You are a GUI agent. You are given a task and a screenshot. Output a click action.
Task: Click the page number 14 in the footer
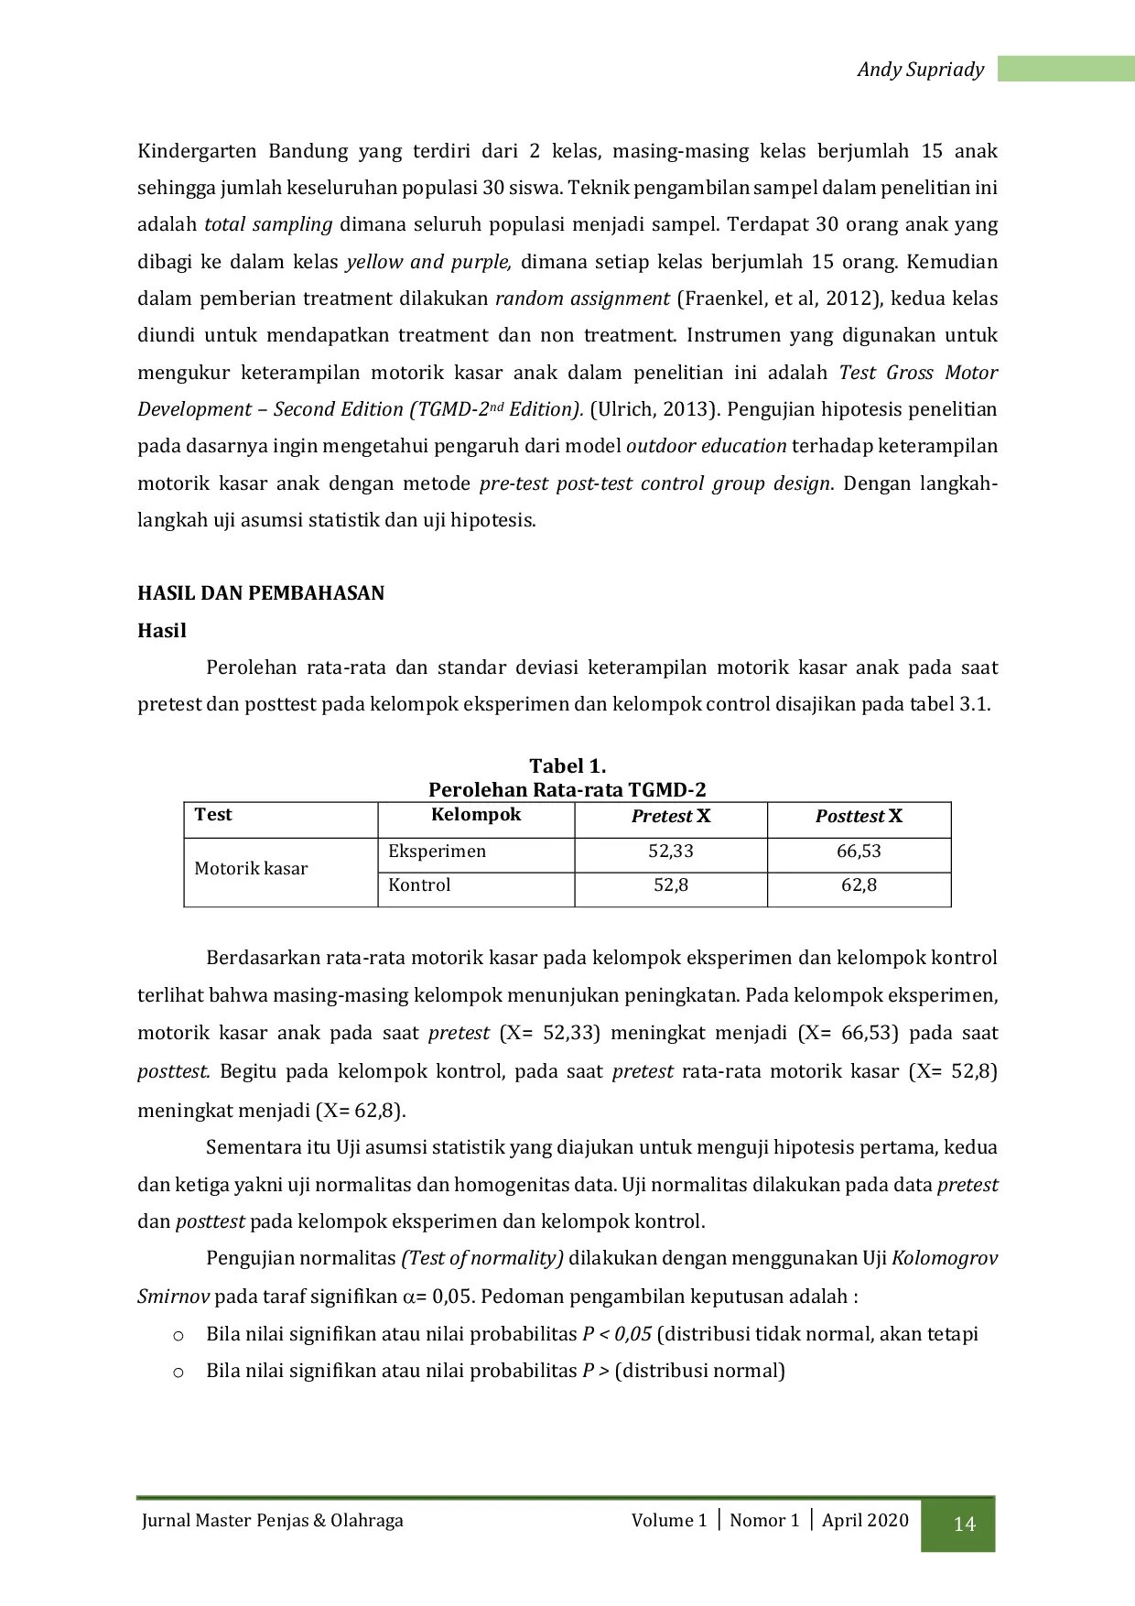964,1524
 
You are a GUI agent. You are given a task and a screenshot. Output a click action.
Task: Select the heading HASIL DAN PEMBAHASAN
261,593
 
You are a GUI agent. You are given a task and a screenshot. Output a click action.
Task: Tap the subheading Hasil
162,631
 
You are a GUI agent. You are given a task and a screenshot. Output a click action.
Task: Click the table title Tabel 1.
567,766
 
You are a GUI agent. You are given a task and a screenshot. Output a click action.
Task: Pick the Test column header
213,815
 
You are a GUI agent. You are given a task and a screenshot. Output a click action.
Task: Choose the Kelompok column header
476,815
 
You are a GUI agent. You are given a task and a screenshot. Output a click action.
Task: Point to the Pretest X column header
671,817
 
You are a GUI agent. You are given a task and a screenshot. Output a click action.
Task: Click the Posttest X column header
859,817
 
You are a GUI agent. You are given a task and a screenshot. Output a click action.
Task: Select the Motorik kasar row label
251,869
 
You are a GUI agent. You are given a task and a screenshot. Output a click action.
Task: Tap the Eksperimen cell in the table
438,852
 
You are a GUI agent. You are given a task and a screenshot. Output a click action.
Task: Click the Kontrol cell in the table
419,885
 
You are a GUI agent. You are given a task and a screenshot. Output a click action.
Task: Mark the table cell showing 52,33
671,852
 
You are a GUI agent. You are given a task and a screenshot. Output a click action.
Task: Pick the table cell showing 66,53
859,852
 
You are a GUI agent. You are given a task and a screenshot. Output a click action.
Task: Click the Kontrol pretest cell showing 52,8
671,885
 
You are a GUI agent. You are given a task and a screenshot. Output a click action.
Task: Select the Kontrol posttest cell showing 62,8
859,885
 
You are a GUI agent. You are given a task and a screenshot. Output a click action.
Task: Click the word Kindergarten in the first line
197,151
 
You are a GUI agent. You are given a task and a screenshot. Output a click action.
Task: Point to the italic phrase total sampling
268,224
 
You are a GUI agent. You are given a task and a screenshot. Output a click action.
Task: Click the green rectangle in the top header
1065,70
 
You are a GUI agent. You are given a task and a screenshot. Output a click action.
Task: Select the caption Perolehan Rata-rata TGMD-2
567,790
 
